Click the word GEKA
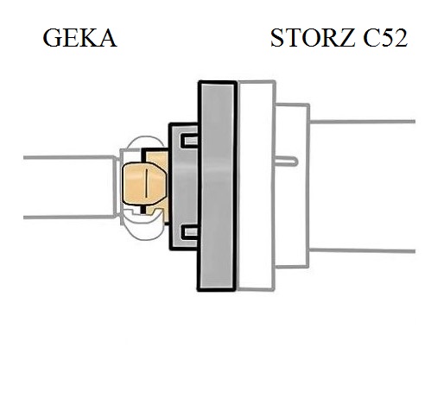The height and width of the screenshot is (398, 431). tap(79, 38)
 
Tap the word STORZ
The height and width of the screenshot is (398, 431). tap(313, 38)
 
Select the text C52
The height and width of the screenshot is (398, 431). tap(385, 38)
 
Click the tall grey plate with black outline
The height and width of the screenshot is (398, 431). tap(217, 186)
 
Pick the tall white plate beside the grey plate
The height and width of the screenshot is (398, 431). tap(257, 186)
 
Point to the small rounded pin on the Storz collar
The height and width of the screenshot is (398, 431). tap(286, 161)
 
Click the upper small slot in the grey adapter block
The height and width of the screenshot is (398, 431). tap(189, 141)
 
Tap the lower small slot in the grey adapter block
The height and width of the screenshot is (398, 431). tap(189, 232)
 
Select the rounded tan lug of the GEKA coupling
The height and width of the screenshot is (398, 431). tap(144, 184)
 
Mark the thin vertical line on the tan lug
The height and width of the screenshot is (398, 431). tap(147, 184)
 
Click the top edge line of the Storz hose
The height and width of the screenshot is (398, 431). tap(362, 122)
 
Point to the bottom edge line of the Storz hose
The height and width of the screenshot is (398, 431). tap(362, 250)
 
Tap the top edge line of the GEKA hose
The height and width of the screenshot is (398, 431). tap(69, 157)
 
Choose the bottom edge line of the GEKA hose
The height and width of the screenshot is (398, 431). tap(69, 217)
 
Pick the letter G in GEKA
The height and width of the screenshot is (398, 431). tap(53, 38)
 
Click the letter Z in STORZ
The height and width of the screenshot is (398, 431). tap(345, 38)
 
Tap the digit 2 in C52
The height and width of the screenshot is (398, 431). tap(400, 38)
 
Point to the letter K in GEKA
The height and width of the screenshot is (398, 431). tap(88, 38)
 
